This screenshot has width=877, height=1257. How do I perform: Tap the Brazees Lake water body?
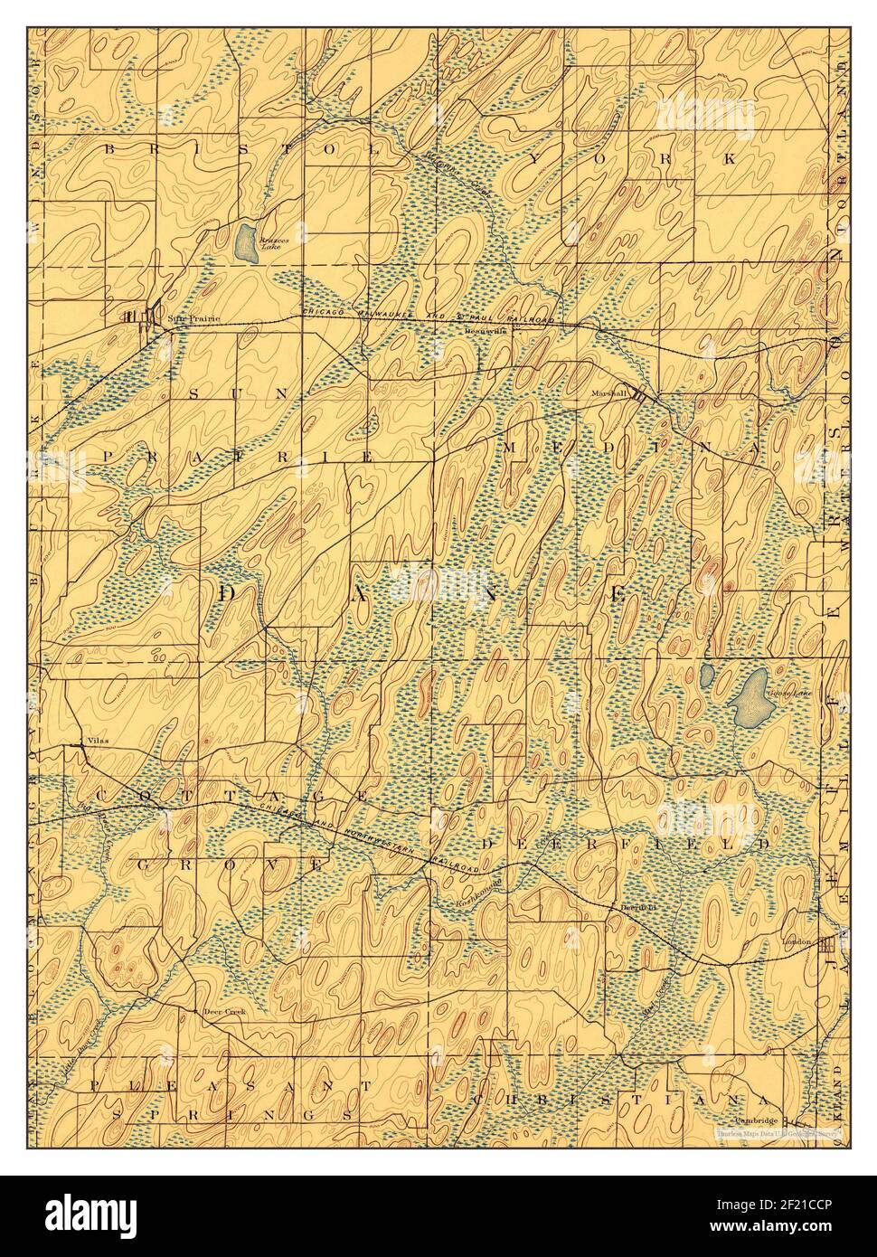(x=245, y=241)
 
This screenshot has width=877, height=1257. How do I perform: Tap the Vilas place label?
(x=97, y=741)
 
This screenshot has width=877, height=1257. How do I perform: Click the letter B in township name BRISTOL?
(x=110, y=147)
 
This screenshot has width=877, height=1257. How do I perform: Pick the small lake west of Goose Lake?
(x=708, y=676)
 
